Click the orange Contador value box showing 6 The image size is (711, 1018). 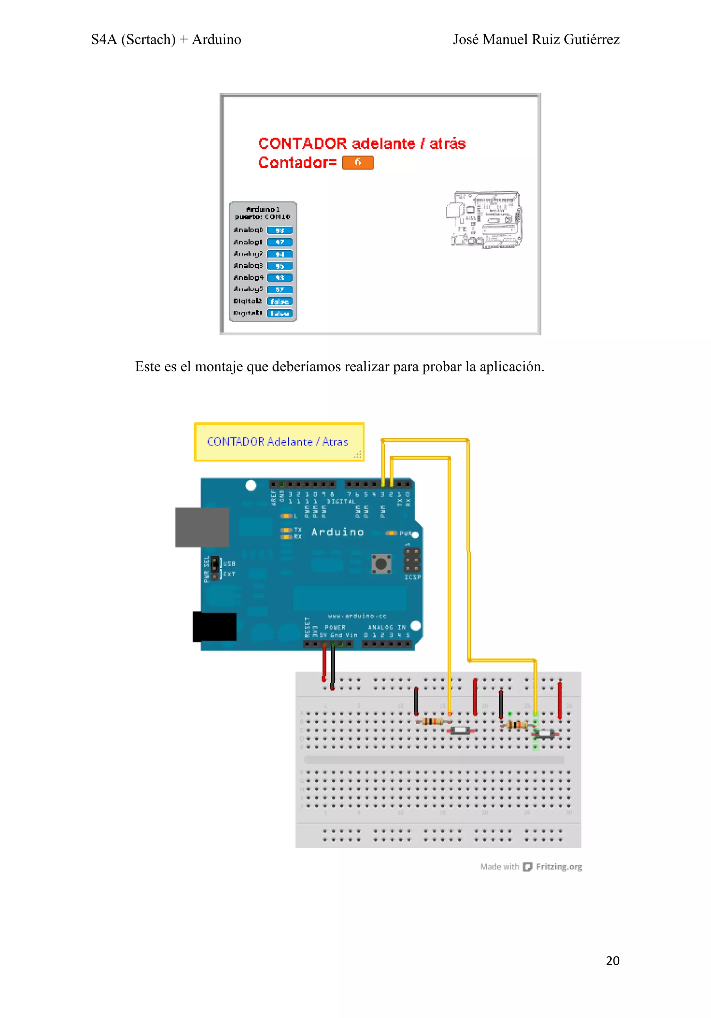pos(358,163)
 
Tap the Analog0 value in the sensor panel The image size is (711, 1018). pos(280,231)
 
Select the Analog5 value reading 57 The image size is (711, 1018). pos(280,290)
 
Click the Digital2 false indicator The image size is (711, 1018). pos(280,301)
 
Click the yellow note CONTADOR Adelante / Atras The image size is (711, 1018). pos(278,442)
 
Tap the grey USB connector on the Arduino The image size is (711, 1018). pos(202,527)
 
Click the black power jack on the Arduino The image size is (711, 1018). pos(215,626)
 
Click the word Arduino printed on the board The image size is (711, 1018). pos(337,532)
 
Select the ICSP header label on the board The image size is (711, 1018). pos(412,577)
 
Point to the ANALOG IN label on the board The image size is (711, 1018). pos(386,627)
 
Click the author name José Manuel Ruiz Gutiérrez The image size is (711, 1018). pos(536,40)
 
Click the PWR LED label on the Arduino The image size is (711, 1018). pos(405,533)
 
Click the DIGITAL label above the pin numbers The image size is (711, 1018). pos(341,501)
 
